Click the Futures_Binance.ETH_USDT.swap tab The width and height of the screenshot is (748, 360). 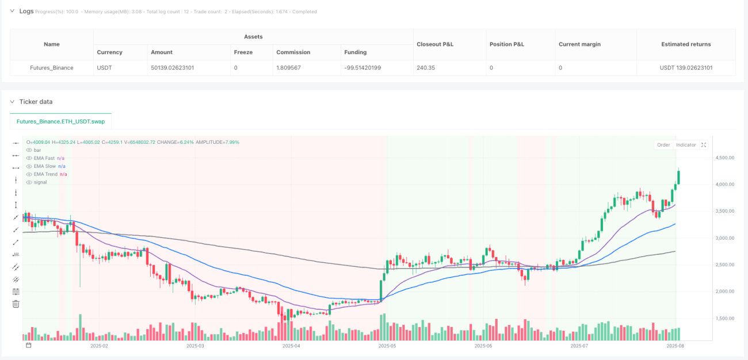point(60,121)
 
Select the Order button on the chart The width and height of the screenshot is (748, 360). point(663,145)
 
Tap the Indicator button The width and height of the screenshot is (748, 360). point(686,145)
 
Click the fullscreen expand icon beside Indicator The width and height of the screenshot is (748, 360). point(704,145)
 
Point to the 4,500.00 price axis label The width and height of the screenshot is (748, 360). point(724,158)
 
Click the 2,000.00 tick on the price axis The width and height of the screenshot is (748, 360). point(724,291)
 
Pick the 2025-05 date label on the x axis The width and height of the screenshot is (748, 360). point(387,346)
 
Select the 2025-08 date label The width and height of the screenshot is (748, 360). point(675,346)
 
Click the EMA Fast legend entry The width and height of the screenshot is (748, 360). point(44,158)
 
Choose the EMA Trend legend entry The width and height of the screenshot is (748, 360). point(46,174)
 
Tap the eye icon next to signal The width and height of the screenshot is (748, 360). point(29,182)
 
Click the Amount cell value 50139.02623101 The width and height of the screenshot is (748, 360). point(172,68)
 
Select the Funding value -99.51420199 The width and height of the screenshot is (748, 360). point(362,68)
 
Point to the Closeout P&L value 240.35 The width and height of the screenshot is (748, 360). point(426,68)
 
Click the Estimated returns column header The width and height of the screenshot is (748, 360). point(686,44)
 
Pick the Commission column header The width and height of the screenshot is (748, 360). point(293,52)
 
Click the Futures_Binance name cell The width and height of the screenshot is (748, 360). point(52,68)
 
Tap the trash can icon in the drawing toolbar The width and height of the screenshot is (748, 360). point(16,304)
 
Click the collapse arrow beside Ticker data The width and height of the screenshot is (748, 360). point(12,102)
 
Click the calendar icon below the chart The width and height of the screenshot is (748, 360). point(29,345)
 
